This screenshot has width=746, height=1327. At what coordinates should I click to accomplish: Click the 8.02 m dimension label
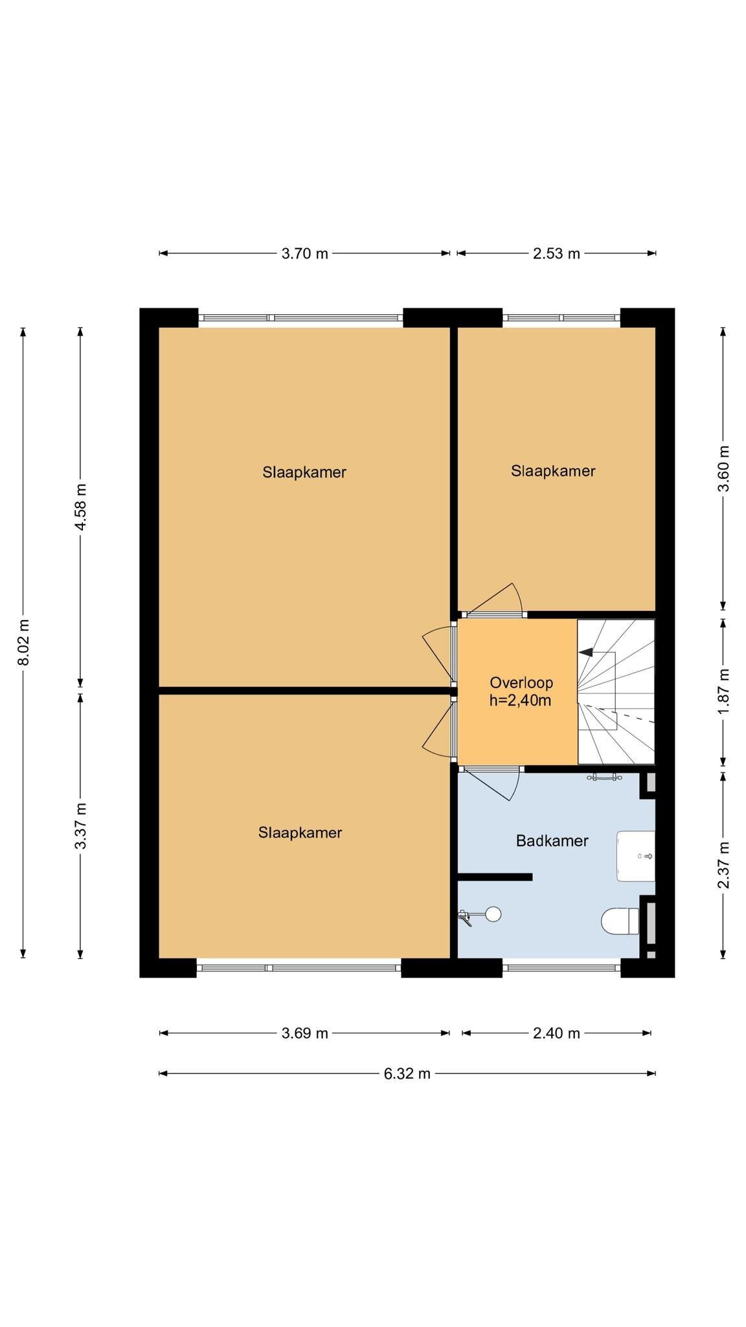pyautogui.click(x=24, y=642)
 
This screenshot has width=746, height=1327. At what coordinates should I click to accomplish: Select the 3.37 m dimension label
pyautogui.click(x=81, y=825)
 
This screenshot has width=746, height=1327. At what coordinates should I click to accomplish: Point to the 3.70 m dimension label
pyautogui.click(x=304, y=253)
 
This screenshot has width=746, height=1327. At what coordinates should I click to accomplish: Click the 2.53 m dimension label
pyautogui.click(x=556, y=253)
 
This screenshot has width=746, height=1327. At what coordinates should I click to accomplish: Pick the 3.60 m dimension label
pyautogui.click(x=724, y=468)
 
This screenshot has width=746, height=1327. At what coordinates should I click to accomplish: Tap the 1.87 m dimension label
pyautogui.click(x=724, y=691)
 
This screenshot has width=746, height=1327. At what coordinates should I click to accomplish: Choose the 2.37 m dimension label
pyautogui.click(x=724, y=865)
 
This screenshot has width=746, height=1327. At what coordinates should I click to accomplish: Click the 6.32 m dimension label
pyautogui.click(x=407, y=1074)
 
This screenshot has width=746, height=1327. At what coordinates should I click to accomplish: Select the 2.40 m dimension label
pyautogui.click(x=556, y=1033)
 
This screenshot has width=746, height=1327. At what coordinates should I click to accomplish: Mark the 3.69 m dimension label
pyautogui.click(x=304, y=1033)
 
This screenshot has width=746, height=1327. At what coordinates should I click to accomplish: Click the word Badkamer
pyautogui.click(x=552, y=841)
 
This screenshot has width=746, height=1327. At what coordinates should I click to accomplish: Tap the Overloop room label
pyautogui.click(x=521, y=682)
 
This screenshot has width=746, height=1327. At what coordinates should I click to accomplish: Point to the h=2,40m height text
pyautogui.click(x=520, y=700)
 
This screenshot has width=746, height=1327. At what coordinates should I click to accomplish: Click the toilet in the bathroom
pyautogui.click(x=620, y=921)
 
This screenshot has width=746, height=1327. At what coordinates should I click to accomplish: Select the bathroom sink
pyautogui.click(x=636, y=856)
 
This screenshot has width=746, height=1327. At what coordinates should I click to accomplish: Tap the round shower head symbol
pyautogui.click(x=493, y=914)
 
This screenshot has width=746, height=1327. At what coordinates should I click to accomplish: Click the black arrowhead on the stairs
pyautogui.click(x=586, y=652)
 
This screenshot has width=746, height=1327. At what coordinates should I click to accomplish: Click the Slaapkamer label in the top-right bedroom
pyautogui.click(x=553, y=471)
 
